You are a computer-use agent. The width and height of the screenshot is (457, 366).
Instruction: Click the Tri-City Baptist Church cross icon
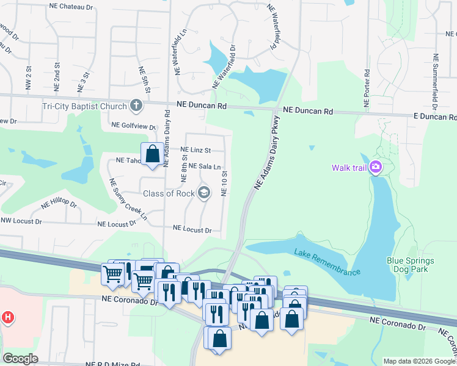pyautogui.click(x=136, y=106)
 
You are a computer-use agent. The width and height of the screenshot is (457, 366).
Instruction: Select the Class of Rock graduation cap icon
pyautogui.click(x=203, y=193)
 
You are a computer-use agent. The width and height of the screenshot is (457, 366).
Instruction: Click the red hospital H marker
pyautogui.click(x=7, y=317)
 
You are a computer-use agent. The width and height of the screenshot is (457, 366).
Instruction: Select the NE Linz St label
pyautogui.click(x=196, y=149)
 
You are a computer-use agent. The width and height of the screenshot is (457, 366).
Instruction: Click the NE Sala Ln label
pyautogui.click(x=205, y=166)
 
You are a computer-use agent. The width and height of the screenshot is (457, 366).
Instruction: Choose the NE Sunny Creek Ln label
pyautogui.click(x=128, y=199)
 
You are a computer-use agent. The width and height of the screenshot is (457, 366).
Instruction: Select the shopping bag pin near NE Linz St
pyautogui.click(x=153, y=154)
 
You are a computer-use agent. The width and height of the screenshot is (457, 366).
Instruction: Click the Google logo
pyautogui.click(x=20, y=358)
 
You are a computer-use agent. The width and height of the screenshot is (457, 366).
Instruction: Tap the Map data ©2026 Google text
pyautogui.click(x=419, y=361)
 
